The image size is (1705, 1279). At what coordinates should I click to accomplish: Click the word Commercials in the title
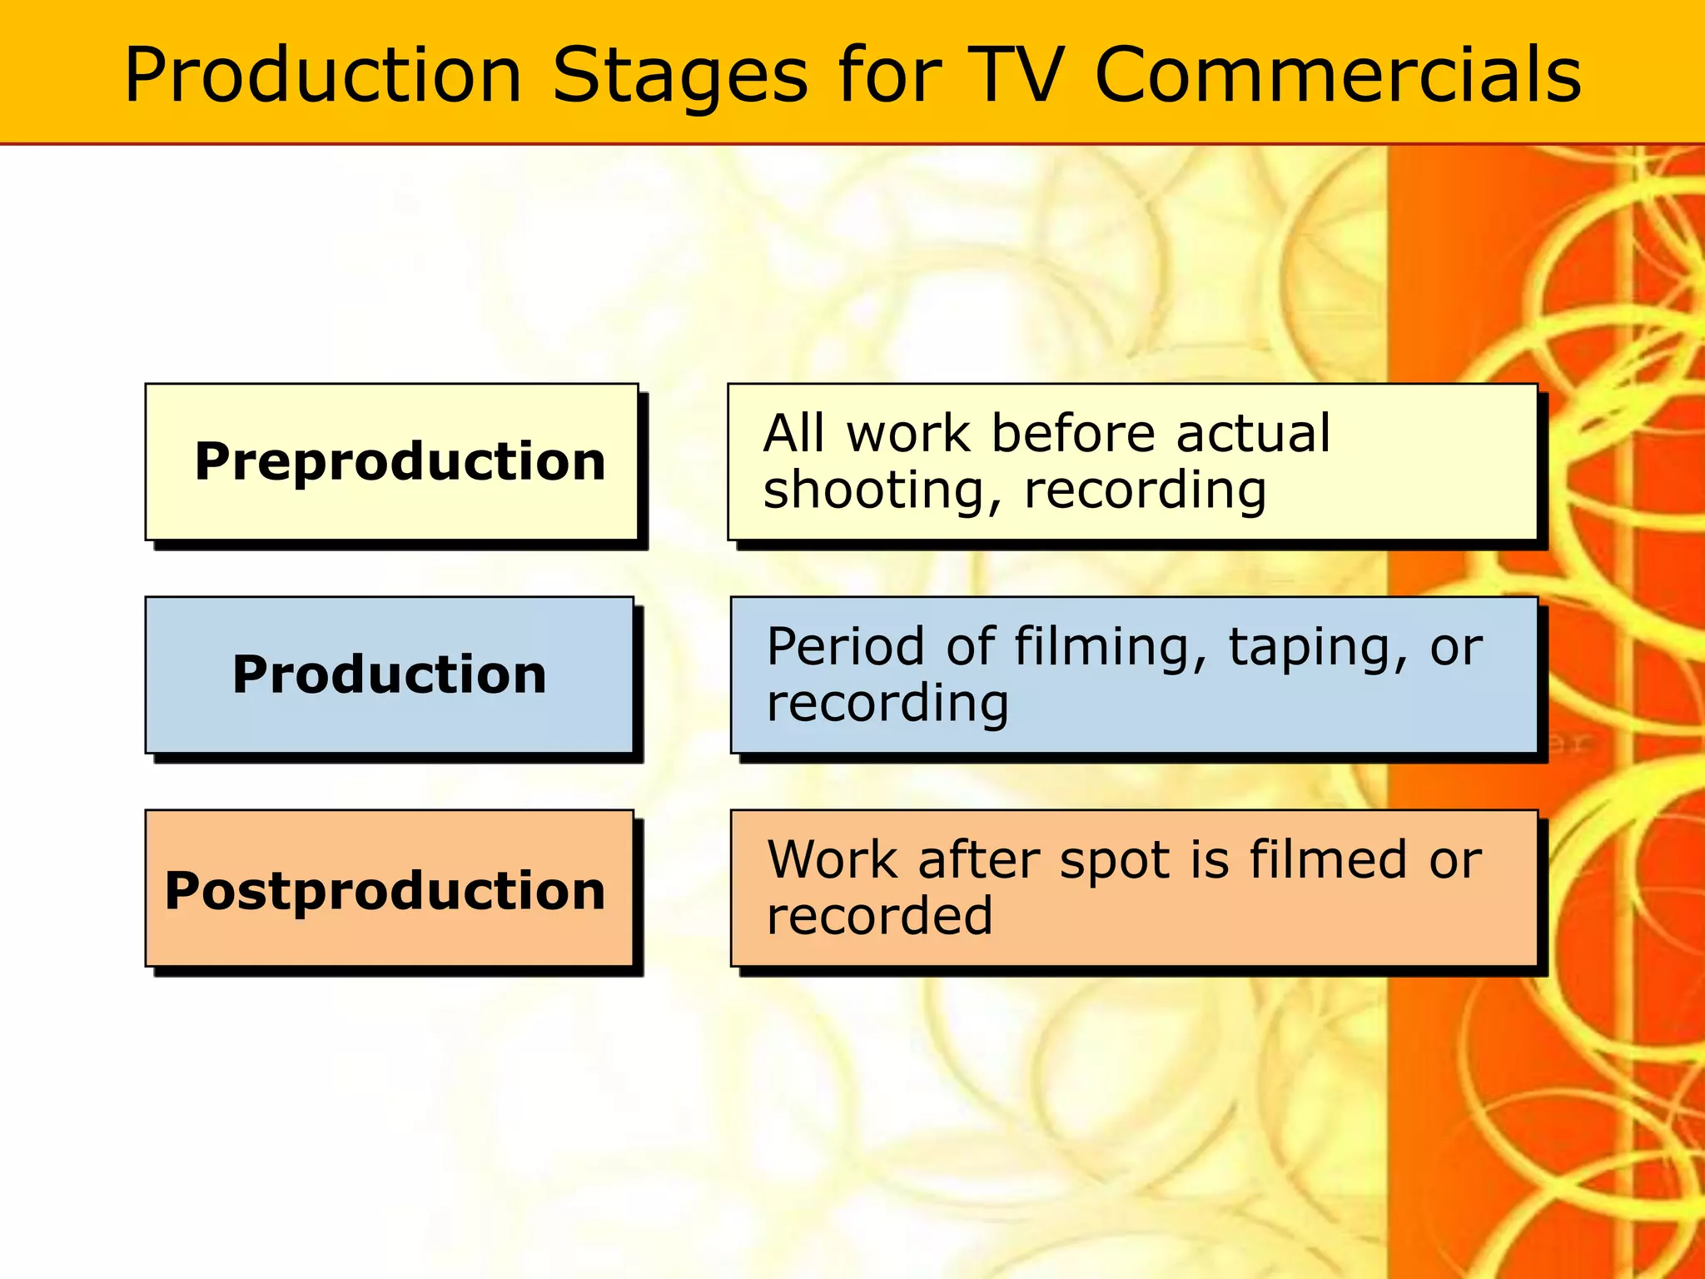click(1337, 75)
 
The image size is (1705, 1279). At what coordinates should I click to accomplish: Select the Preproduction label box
click(391, 462)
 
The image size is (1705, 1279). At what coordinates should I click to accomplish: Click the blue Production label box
click(390, 674)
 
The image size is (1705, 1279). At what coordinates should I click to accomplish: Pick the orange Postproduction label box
click(390, 889)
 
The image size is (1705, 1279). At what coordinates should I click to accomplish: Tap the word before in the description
click(1073, 434)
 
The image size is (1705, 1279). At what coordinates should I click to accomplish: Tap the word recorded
click(879, 916)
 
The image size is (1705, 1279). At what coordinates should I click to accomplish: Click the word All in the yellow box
click(793, 434)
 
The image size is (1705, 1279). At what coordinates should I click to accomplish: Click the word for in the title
click(889, 75)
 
